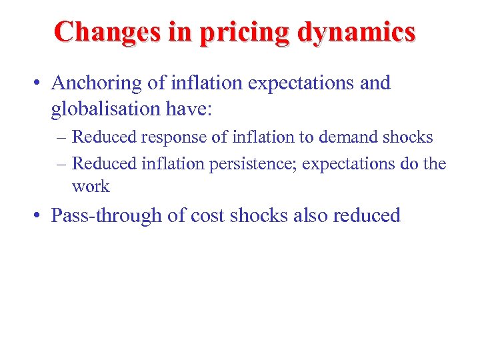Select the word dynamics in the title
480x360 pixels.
(357, 31)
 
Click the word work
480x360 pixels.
(91, 187)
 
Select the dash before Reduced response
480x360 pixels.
(61, 137)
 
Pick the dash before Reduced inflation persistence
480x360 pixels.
(61, 163)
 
